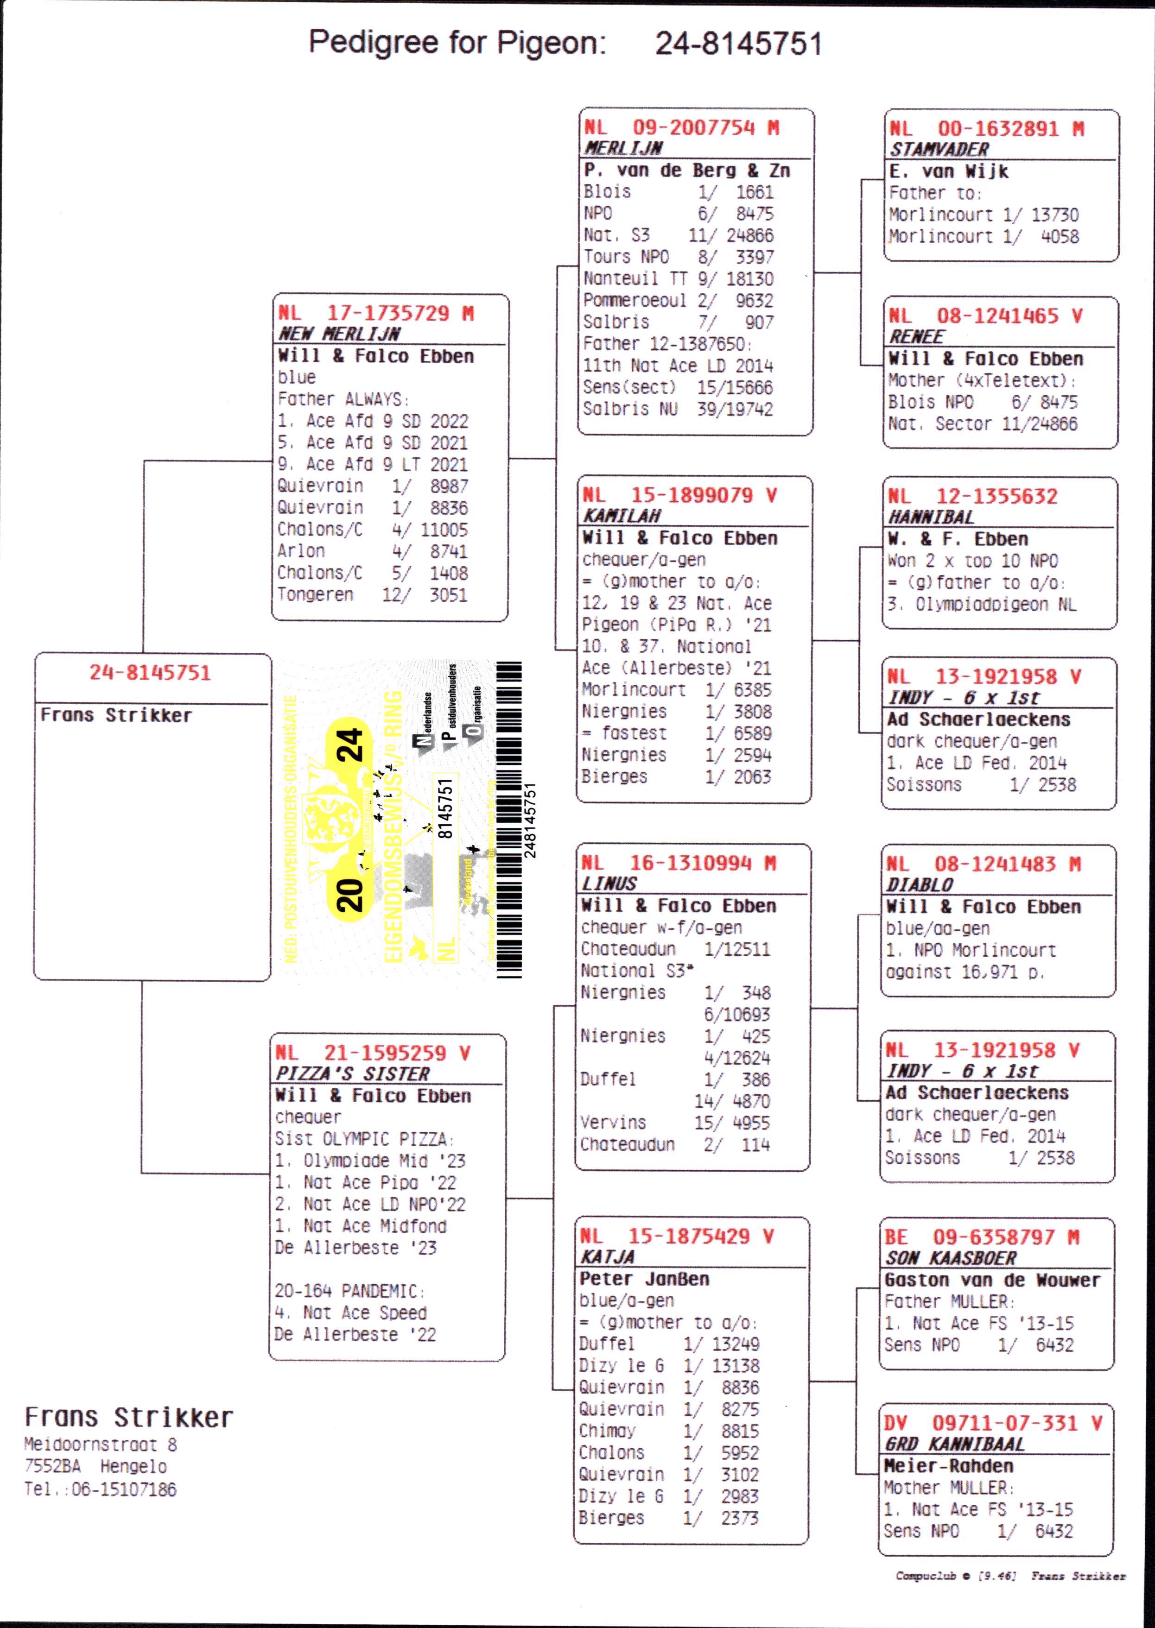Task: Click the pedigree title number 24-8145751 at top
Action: [x=738, y=44]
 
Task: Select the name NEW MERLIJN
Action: [x=339, y=334]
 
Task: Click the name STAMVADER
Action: [x=939, y=150]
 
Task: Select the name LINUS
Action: [x=609, y=883]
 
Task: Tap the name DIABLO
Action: [x=919, y=885]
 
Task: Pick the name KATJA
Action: [x=607, y=1257]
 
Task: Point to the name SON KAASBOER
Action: [x=951, y=1258]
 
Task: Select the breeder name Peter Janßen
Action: [x=644, y=1279]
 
